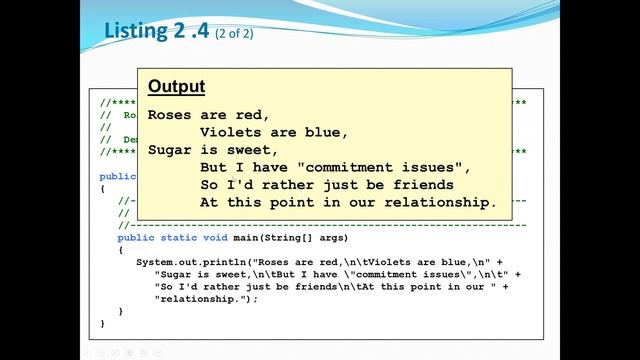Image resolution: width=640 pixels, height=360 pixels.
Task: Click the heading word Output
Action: point(177,87)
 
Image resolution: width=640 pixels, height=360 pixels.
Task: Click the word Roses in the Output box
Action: point(169,115)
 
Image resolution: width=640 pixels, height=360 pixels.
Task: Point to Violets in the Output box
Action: point(230,132)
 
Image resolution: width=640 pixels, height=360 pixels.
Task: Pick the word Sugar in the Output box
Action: point(169,150)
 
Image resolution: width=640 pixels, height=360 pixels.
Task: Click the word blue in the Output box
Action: point(326,132)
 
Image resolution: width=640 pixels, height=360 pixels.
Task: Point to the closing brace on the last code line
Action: point(103,323)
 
